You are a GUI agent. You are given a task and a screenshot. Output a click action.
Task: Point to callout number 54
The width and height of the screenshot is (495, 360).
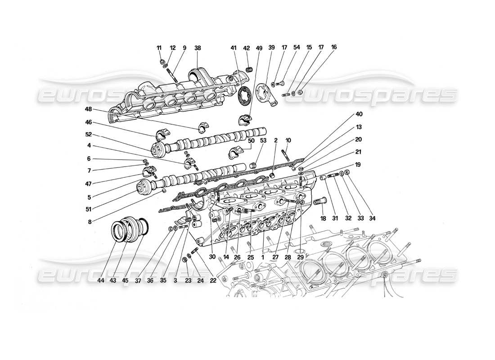click(x=297, y=47)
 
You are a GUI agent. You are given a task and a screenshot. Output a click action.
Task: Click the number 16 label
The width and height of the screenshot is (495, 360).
click(x=333, y=47)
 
